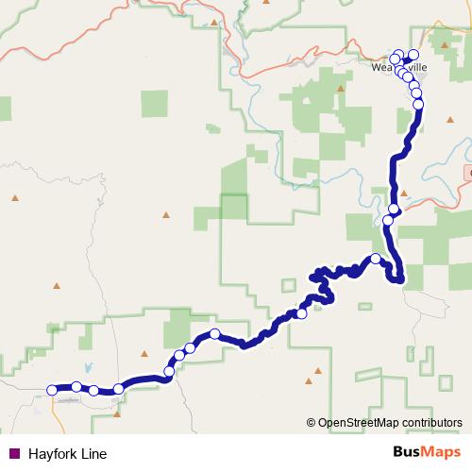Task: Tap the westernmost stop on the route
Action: [52, 388]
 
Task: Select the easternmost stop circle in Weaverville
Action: [413, 54]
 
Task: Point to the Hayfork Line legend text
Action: [67, 453]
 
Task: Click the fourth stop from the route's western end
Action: [118, 389]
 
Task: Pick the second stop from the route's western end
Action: [76, 386]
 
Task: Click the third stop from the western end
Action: [93, 390]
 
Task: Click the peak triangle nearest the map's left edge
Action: [15, 198]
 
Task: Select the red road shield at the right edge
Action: [468, 174]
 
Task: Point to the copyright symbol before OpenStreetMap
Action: [312, 423]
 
